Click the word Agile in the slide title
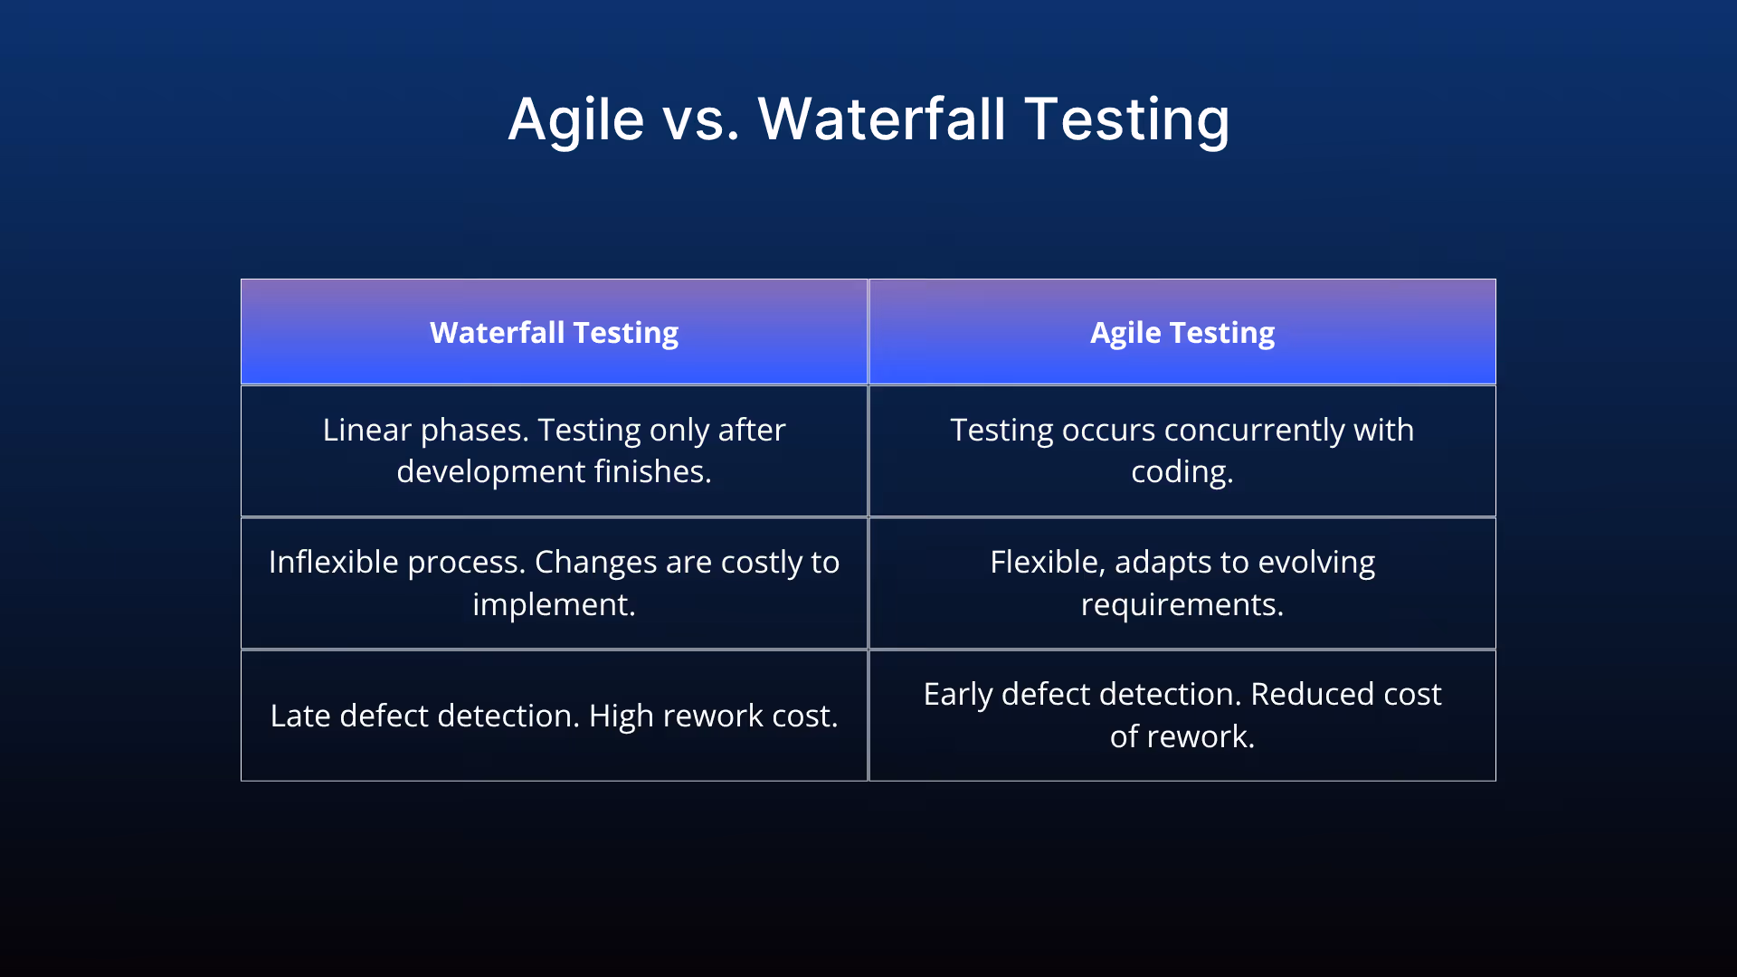pos(575,119)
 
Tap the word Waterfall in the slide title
pos(881,119)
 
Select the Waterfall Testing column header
pos(554,332)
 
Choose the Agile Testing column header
pos(1182,332)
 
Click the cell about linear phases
pos(554,451)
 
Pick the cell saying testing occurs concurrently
pos(1182,451)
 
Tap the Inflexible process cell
pos(554,583)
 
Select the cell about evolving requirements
pos(1182,583)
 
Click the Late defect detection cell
pos(554,716)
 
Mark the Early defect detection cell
pos(1182,716)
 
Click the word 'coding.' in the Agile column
pos(1182,472)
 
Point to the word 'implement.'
pos(554,604)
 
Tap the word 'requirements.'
pos(1182,604)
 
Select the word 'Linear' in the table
pos(366,430)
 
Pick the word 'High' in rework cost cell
pos(621,716)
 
